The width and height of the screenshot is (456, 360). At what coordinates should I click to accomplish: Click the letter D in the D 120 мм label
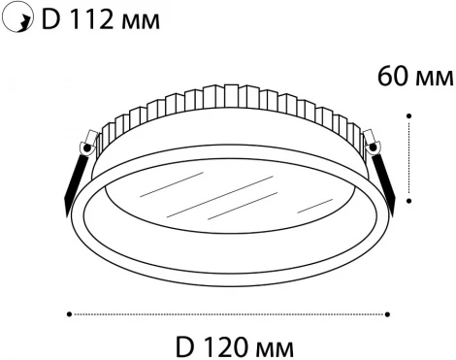(x=188, y=345)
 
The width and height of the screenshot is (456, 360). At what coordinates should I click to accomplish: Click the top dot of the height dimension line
(x=410, y=115)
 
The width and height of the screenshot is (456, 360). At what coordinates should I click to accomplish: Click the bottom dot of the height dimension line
(x=410, y=201)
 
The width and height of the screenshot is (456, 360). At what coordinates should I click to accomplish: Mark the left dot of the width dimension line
(x=70, y=313)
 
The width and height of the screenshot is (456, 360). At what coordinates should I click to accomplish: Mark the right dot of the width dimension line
(x=388, y=313)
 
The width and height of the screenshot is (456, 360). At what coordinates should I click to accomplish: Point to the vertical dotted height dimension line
(x=410, y=158)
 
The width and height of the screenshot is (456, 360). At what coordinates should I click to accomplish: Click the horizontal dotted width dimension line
(x=229, y=313)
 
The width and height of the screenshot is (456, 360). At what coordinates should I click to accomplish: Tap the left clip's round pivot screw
(x=86, y=148)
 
